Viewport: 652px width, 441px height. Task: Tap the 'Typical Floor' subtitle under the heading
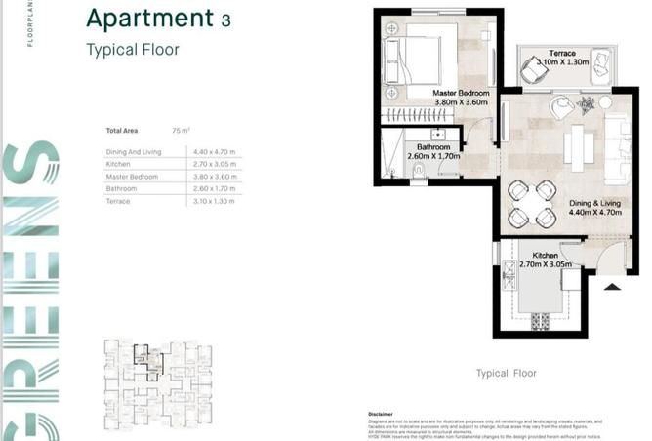[133, 50]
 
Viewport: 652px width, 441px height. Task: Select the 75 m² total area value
[180, 130]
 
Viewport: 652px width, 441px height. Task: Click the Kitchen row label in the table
[118, 164]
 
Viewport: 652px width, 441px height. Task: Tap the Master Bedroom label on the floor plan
[459, 95]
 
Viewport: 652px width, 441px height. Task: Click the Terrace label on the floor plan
[561, 53]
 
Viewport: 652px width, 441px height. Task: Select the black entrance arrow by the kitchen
[611, 286]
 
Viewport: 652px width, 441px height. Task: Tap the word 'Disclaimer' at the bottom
[380, 415]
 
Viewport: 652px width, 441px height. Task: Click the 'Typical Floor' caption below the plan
[506, 373]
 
